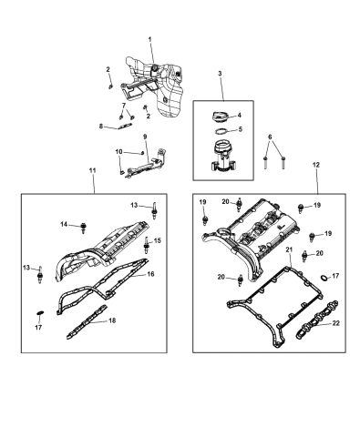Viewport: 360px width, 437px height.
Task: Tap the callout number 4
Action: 239,115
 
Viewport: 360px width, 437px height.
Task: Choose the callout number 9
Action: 144,137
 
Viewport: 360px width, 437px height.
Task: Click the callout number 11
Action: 92,170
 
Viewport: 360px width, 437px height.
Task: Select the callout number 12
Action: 316,165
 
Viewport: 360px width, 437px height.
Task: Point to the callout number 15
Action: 156,240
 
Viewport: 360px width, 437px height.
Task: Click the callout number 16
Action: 150,273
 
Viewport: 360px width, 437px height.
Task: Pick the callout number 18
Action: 111,321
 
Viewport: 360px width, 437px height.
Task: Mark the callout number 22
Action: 337,323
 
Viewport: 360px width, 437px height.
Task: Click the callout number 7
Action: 123,106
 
